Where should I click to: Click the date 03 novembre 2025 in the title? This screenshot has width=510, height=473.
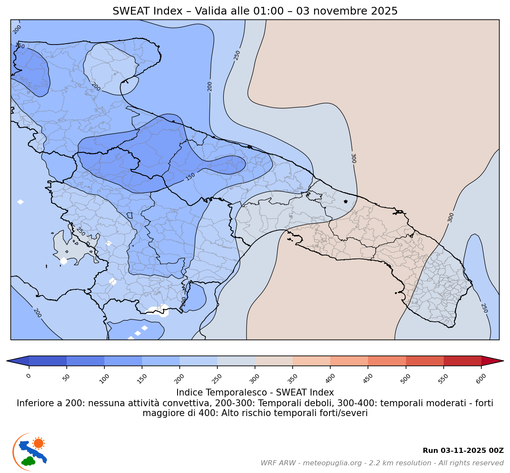(347, 11)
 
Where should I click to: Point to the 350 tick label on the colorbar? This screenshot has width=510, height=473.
(292, 378)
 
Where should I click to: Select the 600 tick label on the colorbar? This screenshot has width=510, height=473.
(481, 378)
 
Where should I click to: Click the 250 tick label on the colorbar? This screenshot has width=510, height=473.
(217, 378)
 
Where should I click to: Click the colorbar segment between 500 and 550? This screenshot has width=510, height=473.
(424, 361)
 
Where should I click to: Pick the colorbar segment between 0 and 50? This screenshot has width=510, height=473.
(48, 361)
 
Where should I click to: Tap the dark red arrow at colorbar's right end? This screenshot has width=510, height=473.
(492, 361)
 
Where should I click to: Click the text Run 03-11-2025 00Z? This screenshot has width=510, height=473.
(463, 451)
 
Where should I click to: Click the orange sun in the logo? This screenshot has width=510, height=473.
(39, 443)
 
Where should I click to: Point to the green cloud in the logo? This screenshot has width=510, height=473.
(29, 461)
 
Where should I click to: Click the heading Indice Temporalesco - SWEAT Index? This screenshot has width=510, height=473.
(255, 393)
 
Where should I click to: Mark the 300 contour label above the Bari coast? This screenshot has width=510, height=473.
(353, 158)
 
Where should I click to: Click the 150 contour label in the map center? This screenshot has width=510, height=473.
(190, 176)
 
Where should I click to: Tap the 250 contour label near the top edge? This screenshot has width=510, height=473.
(237, 55)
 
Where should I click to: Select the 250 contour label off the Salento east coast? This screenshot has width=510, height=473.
(484, 308)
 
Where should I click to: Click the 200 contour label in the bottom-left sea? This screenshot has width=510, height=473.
(37, 313)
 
